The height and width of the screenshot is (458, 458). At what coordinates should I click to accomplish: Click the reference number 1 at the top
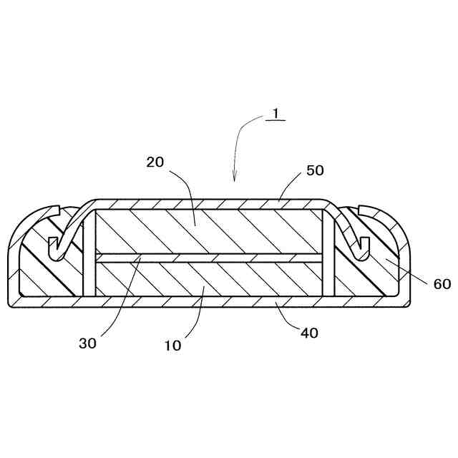[x=274, y=113]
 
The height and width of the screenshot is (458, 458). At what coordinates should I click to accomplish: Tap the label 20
[x=155, y=162]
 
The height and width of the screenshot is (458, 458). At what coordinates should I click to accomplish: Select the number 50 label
[x=315, y=170]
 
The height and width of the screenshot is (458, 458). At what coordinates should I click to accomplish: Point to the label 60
[x=442, y=284]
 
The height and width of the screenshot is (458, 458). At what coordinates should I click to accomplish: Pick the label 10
[x=172, y=345]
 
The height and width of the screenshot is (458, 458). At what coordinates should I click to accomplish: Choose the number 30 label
[x=87, y=342]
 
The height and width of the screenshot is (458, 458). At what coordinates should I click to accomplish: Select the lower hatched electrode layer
[x=208, y=279]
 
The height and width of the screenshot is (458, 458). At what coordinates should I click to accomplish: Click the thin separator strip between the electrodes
[x=208, y=258]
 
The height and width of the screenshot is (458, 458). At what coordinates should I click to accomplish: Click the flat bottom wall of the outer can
[x=208, y=301]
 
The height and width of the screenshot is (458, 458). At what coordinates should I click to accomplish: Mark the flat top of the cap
[x=208, y=203]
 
